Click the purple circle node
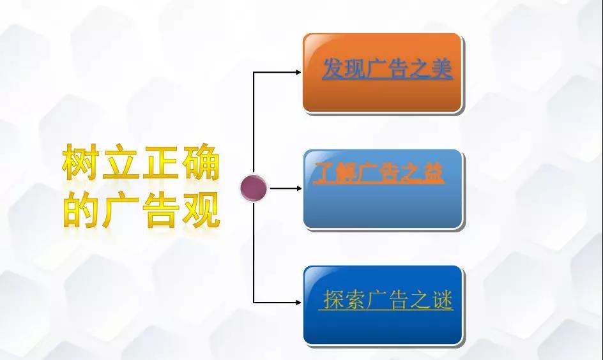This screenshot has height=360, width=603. [254, 188]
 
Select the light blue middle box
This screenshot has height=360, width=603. [383, 189]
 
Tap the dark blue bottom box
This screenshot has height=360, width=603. [383, 305]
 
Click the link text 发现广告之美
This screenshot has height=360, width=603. [387, 69]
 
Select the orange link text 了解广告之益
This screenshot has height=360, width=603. [378, 172]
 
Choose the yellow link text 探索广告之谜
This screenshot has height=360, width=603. [386, 299]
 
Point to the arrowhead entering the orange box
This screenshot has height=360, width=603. [298, 72]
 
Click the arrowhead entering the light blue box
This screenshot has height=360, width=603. [298, 188]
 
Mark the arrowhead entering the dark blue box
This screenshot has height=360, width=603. [298, 303]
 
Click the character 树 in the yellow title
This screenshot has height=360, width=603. [80, 161]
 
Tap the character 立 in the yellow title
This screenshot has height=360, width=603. [120, 161]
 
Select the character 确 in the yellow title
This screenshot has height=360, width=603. [201, 161]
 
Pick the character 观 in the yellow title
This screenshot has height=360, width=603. [201, 209]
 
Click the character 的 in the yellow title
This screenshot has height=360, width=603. [80, 209]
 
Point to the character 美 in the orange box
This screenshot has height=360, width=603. [441, 69]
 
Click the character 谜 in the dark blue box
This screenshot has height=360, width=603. [442, 299]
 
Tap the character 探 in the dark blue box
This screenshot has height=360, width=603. [333, 299]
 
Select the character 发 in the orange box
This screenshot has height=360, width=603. [333, 69]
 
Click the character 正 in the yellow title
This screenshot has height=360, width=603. [160, 161]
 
